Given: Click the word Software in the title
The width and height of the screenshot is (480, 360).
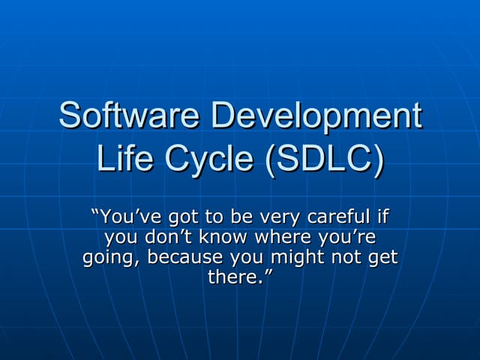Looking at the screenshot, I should click(x=130, y=117).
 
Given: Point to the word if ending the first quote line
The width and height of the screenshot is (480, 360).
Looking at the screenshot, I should click(x=382, y=218).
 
